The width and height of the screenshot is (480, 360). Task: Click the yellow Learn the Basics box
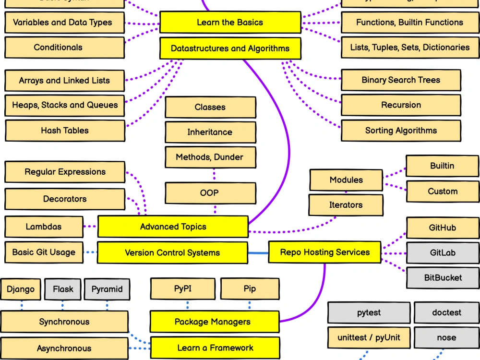click(x=230, y=23)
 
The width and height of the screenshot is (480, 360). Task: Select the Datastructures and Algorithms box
click(x=230, y=48)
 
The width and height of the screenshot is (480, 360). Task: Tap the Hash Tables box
click(x=64, y=131)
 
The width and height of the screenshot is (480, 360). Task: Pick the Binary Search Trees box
click(x=401, y=80)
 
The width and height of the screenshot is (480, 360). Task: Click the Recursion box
click(x=401, y=105)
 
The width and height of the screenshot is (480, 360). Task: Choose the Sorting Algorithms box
click(x=401, y=131)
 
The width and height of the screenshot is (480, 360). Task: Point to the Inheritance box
click(x=210, y=132)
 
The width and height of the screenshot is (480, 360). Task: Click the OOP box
click(x=209, y=193)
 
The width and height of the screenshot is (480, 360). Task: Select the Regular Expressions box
click(x=65, y=172)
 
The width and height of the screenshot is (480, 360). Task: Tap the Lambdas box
click(x=44, y=227)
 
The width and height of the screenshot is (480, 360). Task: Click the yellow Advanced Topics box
click(x=173, y=227)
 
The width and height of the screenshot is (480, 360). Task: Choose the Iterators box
click(x=346, y=205)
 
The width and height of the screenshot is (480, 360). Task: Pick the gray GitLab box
click(x=443, y=252)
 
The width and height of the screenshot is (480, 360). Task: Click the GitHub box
click(x=443, y=228)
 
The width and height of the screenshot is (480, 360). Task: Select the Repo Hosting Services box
click(x=324, y=252)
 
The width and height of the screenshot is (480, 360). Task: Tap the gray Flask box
click(x=63, y=289)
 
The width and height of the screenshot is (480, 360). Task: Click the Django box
click(x=21, y=289)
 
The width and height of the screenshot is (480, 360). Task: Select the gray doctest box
click(x=446, y=312)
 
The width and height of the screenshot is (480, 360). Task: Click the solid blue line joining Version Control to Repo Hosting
click(x=258, y=252)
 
